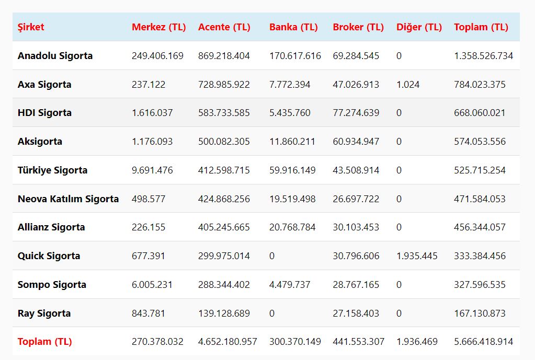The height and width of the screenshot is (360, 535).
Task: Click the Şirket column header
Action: tap(31, 27)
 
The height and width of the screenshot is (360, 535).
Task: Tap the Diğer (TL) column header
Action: tap(419, 27)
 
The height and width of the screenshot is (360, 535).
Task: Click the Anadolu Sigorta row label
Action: tap(55, 56)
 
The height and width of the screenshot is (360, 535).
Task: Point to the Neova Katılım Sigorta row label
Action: tap(68, 199)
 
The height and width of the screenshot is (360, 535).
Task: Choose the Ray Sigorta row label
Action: tap(44, 313)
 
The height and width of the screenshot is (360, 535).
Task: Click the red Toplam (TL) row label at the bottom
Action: tap(44, 342)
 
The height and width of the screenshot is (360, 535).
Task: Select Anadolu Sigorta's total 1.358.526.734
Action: tap(483, 56)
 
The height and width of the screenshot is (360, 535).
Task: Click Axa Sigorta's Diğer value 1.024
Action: tap(407, 85)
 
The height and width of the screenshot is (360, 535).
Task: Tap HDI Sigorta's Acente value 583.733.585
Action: tap(224, 113)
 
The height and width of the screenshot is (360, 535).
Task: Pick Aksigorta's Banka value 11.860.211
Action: tap(292, 142)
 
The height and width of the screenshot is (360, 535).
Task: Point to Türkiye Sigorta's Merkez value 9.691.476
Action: tap(152, 170)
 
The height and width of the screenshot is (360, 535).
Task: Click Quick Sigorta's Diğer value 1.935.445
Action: tap(417, 256)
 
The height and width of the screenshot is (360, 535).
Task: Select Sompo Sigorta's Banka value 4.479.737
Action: tap(290, 285)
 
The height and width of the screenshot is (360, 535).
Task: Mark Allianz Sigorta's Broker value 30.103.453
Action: tap(356, 227)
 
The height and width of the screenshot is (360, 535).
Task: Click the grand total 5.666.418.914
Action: tap(483, 342)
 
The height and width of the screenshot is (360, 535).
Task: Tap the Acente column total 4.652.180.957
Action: tap(227, 342)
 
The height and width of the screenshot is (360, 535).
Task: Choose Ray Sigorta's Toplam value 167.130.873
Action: tap(480, 313)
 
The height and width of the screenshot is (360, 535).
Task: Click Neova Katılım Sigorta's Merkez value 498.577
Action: tap(149, 199)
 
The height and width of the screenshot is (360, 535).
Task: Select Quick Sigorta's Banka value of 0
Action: tap(272, 256)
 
